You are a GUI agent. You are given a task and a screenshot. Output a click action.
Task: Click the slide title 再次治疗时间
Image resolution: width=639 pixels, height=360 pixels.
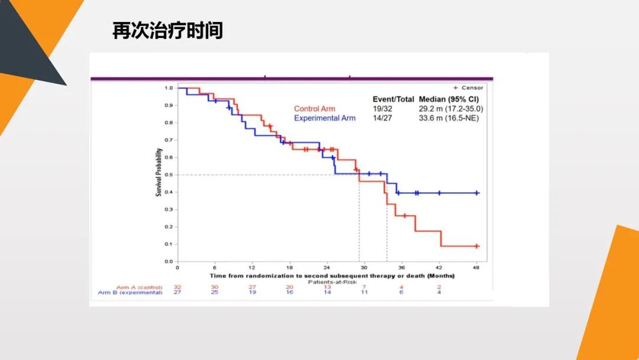167,30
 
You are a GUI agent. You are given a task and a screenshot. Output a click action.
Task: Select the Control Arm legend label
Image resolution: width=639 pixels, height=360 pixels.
314,109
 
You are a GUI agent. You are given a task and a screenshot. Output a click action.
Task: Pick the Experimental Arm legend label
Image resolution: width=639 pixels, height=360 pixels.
325,118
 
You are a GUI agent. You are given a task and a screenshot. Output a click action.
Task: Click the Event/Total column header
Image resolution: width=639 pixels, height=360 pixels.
393,99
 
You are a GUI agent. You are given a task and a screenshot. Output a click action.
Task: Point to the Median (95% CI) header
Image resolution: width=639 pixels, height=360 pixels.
448,99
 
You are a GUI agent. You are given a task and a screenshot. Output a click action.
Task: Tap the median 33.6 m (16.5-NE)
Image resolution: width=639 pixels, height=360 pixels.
448,118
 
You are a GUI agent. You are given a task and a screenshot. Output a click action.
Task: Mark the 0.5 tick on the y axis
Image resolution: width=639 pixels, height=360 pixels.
169,175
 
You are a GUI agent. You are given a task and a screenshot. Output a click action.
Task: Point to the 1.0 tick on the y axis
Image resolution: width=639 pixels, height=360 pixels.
169,88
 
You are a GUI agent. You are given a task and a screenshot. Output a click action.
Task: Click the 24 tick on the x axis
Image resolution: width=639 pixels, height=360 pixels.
327,268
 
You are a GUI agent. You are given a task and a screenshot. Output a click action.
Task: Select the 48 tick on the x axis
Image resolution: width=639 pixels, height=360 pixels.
477,268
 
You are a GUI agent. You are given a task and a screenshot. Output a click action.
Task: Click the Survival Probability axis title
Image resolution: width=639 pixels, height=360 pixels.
159,175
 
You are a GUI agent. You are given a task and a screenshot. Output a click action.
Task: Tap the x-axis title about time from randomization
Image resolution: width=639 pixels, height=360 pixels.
332,276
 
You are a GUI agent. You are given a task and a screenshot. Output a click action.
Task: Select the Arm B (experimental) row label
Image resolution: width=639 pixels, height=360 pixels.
130,292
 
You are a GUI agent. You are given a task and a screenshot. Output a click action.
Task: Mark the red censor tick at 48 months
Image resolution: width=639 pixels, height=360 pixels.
476,246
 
